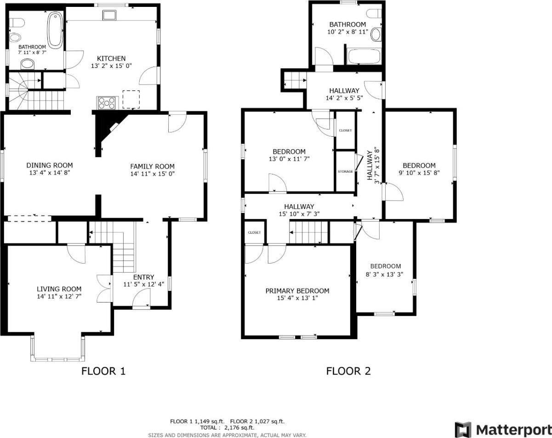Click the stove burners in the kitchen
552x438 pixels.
106,103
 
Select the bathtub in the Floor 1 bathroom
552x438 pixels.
55,31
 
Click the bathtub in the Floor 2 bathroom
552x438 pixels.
364,57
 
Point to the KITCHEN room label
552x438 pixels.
111,58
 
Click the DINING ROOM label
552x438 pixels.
49,165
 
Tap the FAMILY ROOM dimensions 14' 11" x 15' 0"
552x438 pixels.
152,174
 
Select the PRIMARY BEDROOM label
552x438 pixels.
297,291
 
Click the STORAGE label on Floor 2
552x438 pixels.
345,171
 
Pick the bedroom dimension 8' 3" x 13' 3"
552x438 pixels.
386,274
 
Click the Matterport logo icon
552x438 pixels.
463,430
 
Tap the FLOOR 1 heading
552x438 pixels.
103,371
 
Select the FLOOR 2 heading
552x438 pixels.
348,371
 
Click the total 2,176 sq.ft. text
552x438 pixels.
227,427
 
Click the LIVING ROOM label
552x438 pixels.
59,289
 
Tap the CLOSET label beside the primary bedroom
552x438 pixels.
254,232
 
